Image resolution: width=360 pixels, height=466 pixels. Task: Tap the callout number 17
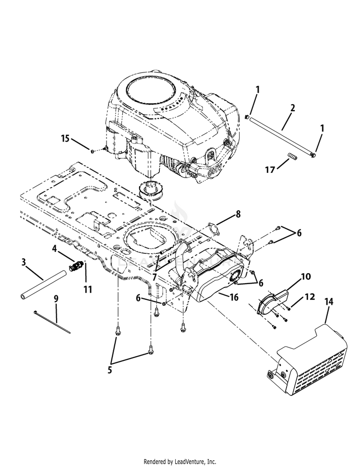tap(270, 169)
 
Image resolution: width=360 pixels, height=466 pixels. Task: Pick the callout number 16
tap(234, 298)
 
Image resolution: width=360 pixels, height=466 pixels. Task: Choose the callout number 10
tap(306, 276)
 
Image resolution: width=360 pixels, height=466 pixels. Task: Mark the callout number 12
tap(310, 297)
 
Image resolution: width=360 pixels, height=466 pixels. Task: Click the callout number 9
tap(56, 299)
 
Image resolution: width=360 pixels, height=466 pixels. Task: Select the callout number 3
tap(24, 262)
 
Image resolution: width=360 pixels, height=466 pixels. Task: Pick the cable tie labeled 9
tap(53, 322)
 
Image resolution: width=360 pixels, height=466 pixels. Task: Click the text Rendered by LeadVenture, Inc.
tap(180, 462)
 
